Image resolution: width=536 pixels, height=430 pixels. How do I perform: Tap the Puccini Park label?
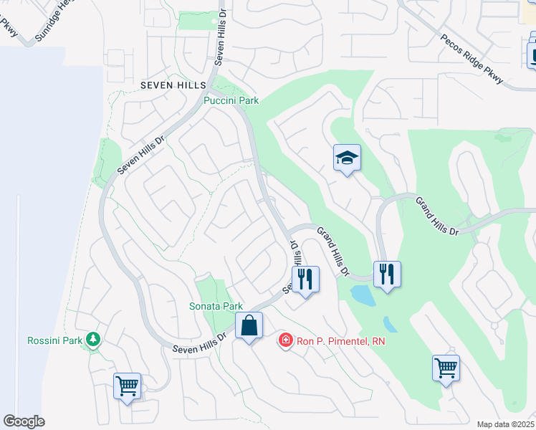click(x=231, y=101)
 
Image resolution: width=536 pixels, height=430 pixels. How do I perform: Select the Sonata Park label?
click(x=216, y=306)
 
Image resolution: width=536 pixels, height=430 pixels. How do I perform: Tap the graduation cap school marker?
click(x=347, y=158)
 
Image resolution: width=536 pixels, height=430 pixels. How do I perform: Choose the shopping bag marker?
click(x=249, y=326)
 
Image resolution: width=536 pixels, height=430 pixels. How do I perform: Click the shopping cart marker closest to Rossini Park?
click(x=128, y=386)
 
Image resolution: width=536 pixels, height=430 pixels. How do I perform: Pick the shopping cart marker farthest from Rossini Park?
click(x=446, y=368)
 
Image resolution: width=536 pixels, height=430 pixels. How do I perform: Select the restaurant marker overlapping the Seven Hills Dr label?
click(x=305, y=279)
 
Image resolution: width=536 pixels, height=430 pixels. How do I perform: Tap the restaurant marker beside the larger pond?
click(x=387, y=274)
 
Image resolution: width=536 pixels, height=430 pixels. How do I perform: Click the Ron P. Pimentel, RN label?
click(x=340, y=341)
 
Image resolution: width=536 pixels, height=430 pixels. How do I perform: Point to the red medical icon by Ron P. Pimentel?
click(x=285, y=340)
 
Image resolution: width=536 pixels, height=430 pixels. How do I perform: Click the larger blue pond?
click(x=363, y=294)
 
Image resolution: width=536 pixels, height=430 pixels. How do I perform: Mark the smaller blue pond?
click(x=390, y=325)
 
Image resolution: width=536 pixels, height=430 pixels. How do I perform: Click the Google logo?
click(x=24, y=421)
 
